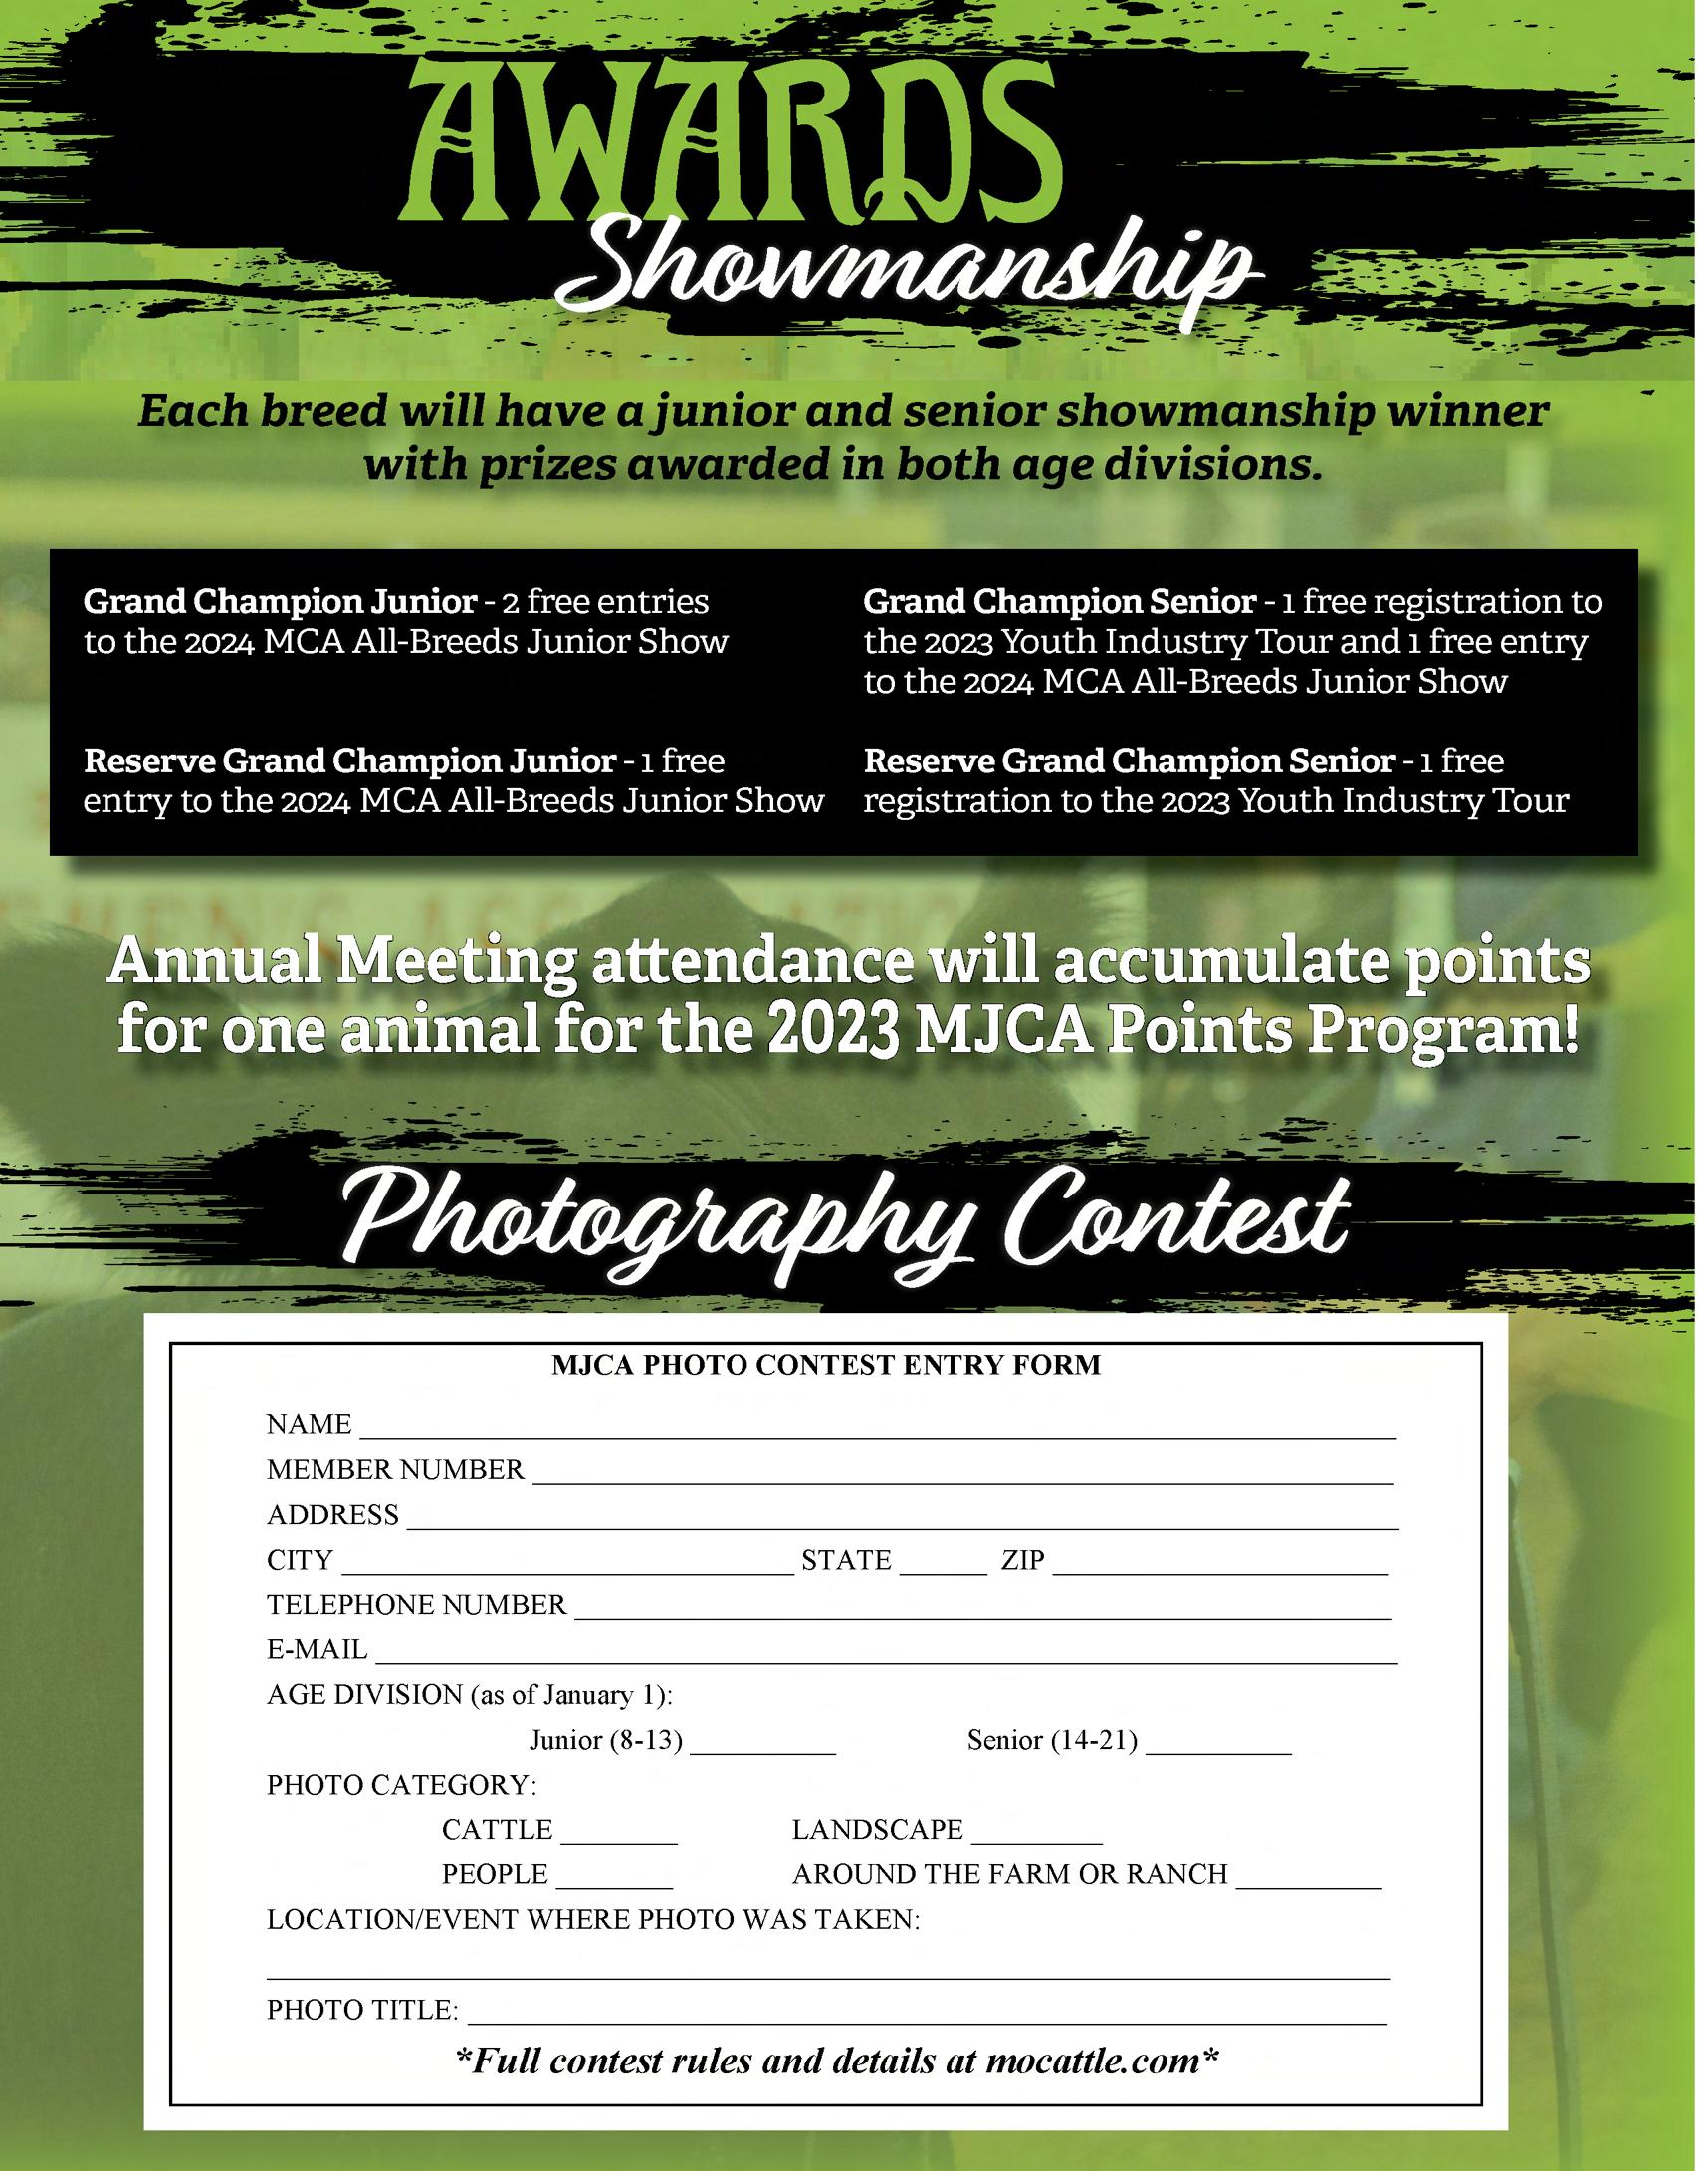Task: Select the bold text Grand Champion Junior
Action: (280, 602)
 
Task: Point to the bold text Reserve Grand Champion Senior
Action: (1129, 761)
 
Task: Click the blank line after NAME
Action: (877, 1431)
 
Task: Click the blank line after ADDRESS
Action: (902, 1521)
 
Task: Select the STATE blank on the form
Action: (943, 1566)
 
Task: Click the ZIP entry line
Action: (1219, 1566)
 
